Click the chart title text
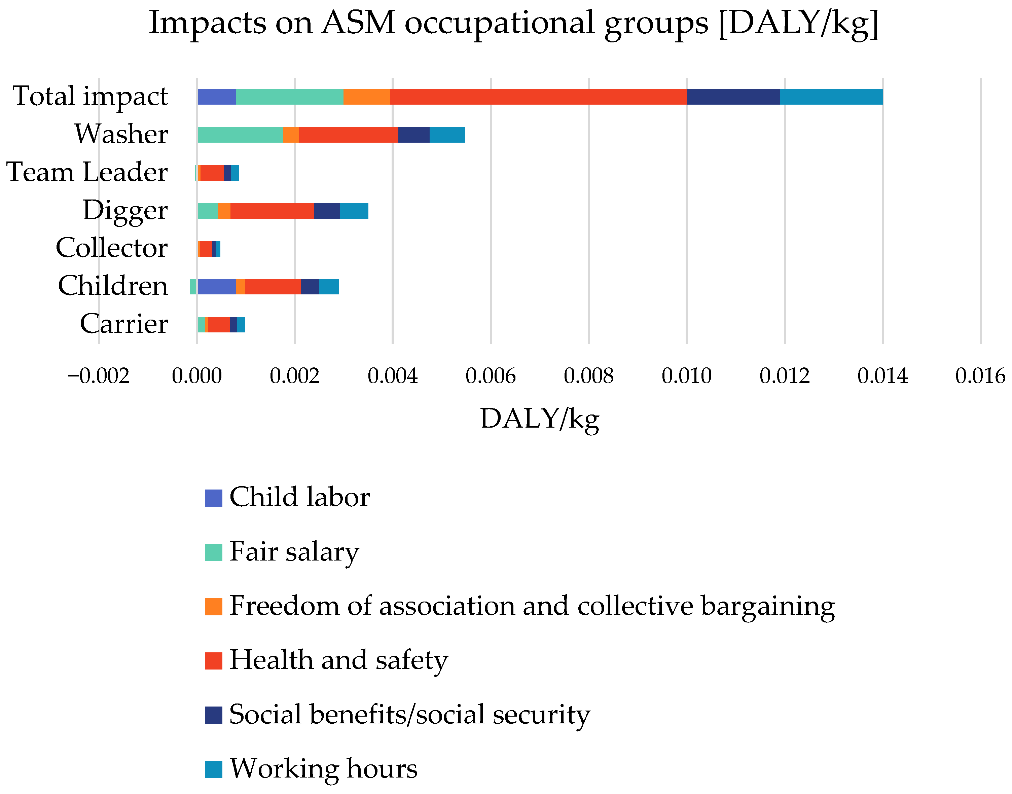point(513,23)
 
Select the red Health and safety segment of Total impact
point(538,97)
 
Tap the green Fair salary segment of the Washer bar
point(240,135)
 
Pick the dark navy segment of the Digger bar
point(327,211)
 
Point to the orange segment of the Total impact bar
point(366,97)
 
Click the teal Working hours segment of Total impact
point(831,97)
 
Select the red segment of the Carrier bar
point(219,324)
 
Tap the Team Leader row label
point(87,173)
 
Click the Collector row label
point(112,248)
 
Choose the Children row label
point(113,286)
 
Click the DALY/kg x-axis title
point(539,419)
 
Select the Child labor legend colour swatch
point(213,498)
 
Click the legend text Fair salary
point(294,552)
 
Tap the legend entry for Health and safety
point(338,660)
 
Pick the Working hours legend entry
point(324,769)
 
